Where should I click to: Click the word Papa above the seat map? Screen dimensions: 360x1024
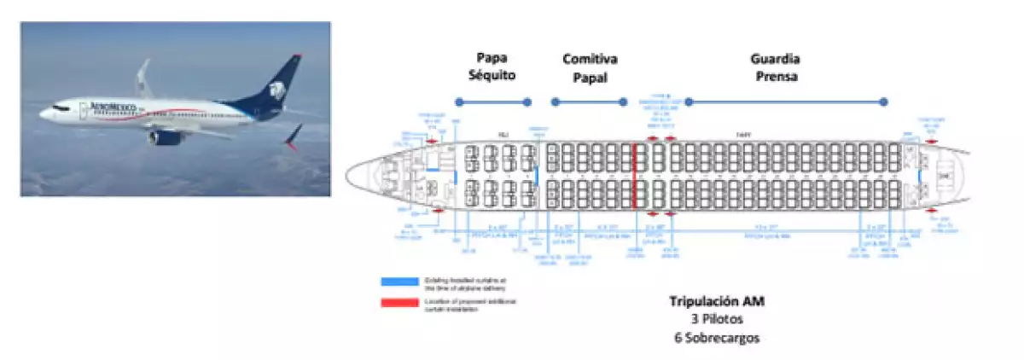(x=493, y=59)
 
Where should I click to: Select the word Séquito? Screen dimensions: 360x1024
(x=493, y=76)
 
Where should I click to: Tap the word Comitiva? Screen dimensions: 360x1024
(x=590, y=59)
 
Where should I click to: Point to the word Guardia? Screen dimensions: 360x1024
(x=775, y=59)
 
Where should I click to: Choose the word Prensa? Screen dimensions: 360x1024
(x=775, y=76)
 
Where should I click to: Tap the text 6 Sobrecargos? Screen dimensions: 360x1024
(x=715, y=337)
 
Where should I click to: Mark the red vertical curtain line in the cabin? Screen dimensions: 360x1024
(x=635, y=176)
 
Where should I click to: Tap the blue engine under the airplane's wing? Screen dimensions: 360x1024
(x=166, y=136)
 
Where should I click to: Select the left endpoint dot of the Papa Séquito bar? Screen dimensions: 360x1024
(x=458, y=102)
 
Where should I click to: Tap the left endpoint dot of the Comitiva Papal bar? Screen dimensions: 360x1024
(x=554, y=102)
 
